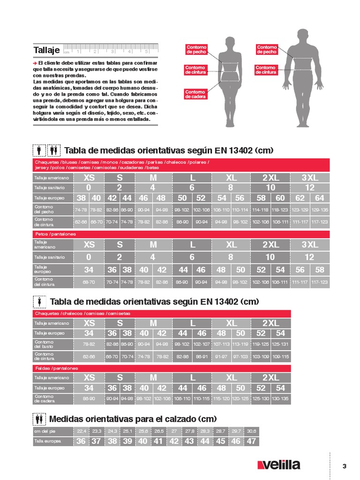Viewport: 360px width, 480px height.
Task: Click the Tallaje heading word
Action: [46, 50]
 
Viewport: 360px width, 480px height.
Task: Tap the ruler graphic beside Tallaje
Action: [111, 50]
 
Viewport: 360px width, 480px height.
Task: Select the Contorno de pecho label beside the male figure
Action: [267, 49]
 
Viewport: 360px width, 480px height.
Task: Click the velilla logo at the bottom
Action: [279, 465]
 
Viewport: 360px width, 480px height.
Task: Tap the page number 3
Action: [345, 465]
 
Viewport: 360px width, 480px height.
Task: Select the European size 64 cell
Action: [320, 198]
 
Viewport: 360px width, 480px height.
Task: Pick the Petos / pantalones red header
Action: [56, 233]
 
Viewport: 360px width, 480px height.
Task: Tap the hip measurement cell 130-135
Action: [280, 399]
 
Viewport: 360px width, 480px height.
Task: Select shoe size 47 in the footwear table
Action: [252, 441]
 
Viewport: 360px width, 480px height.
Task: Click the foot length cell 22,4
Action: [82, 431]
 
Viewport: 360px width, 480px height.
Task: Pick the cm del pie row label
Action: [45, 431]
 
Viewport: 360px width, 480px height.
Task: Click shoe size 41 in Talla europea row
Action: [158, 441]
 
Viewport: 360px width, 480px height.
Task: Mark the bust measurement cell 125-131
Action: [280, 345]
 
